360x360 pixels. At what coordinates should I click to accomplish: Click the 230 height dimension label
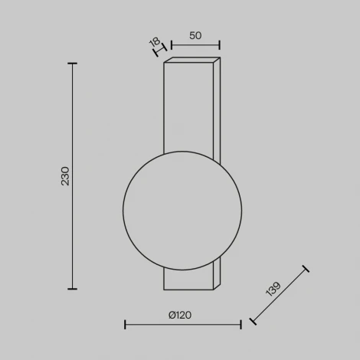(x=65, y=176)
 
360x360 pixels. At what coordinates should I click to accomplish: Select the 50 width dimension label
(x=195, y=35)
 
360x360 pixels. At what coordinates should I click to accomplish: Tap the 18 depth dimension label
(x=156, y=43)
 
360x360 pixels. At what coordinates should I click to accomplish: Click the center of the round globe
(x=183, y=209)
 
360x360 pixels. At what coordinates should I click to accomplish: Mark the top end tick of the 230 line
(x=73, y=64)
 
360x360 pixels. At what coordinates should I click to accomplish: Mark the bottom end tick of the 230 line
(x=73, y=289)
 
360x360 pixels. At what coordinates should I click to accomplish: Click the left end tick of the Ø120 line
(x=125, y=325)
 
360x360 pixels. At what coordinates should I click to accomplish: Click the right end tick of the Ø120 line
(x=241, y=325)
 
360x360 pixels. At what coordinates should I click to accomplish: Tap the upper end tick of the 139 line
(x=306, y=269)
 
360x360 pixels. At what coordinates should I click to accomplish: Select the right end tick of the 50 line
(x=220, y=44)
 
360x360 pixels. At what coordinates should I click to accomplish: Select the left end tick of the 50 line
(x=170, y=44)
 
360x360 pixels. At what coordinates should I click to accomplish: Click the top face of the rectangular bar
(x=192, y=61)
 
